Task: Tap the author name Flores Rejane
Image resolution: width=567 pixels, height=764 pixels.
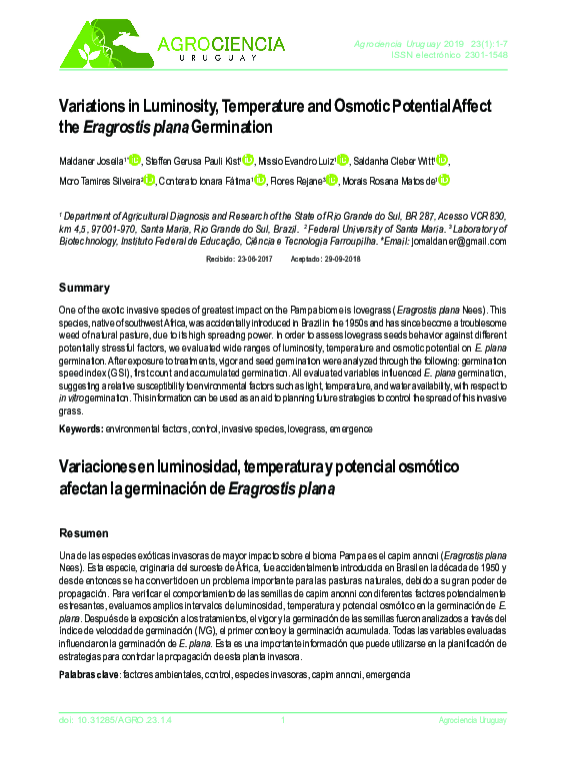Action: click(296, 181)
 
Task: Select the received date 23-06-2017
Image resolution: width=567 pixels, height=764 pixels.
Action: click(257, 260)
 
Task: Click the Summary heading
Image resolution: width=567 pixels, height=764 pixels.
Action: click(84, 288)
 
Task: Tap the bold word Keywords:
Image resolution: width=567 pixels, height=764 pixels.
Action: click(81, 428)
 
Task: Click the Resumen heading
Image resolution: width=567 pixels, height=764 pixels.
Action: click(85, 532)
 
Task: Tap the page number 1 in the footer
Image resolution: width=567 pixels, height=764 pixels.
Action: click(283, 720)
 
